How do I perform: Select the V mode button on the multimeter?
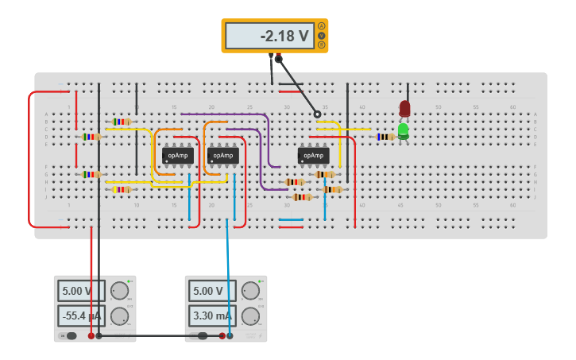pyautogui.click(x=321, y=36)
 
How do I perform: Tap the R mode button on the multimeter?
pyautogui.click(x=321, y=45)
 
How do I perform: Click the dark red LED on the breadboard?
pyautogui.click(x=404, y=108)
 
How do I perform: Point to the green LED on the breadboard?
pyautogui.click(x=404, y=130)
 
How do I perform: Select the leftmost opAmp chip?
pyautogui.click(x=178, y=156)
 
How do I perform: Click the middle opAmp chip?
pyautogui.click(x=222, y=156)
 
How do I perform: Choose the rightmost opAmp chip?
pyautogui.click(x=314, y=156)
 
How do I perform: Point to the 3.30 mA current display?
pyautogui.click(x=211, y=315)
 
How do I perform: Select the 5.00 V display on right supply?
pyautogui.click(x=211, y=291)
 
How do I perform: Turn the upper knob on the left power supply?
pyautogui.click(x=119, y=291)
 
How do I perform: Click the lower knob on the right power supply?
pyautogui.click(x=251, y=316)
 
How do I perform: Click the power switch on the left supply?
pyautogui.click(x=71, y=336)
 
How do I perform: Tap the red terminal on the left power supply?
pyautogui.click(x=91, y=336)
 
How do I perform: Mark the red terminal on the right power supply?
pyautogui.click(x=222, y=336)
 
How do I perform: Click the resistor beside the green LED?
pyautogui.click(x=385, y=137)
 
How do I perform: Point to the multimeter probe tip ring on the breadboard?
pyautogui.click(x=317, y=114)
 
